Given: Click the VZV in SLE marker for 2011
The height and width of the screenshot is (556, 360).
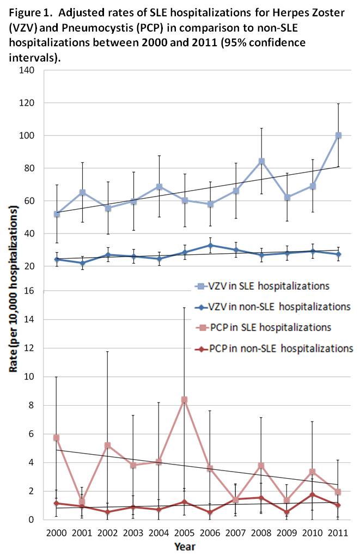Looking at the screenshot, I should pos(338,135).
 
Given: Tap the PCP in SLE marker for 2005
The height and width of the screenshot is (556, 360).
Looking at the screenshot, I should pos(185,400).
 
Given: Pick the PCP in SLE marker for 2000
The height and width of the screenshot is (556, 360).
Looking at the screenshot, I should pos(57,438).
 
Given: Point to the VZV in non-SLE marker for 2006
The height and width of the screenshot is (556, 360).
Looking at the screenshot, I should pos(210,246).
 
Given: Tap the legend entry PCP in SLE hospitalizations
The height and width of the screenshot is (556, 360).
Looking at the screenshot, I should pos(267,327).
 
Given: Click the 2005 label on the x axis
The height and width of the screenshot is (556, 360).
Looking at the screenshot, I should pos(184,531).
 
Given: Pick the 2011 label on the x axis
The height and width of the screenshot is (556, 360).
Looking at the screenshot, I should pos(338,531).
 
